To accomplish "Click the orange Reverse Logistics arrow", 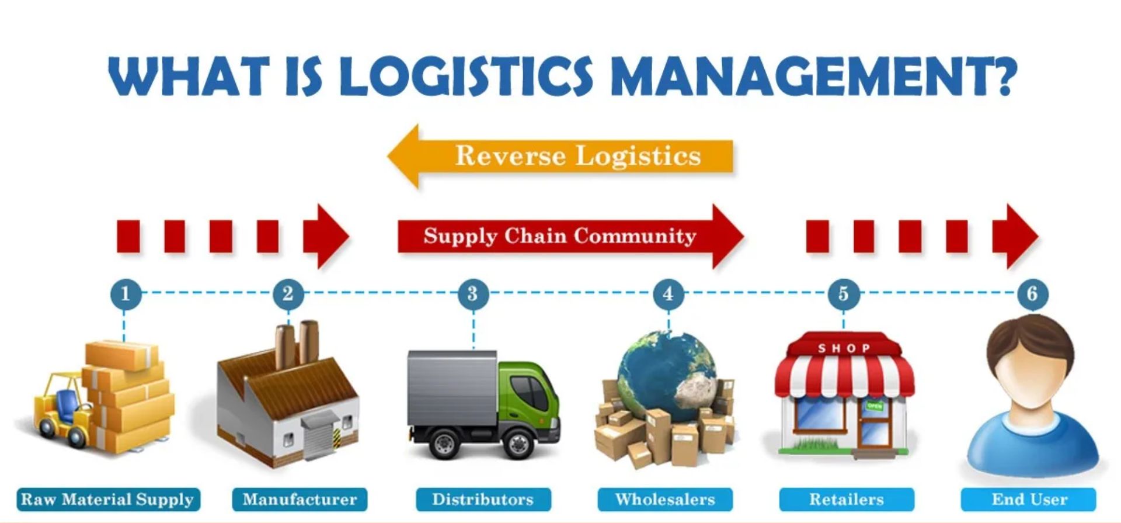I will pos(560,156).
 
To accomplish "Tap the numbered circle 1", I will pos(125,293).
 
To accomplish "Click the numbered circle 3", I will pos(472,293).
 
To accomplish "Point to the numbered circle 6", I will pos(1032,293).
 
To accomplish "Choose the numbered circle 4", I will pos(668,293).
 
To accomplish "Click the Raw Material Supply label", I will pos(108,500).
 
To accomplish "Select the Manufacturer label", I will pos(300,500).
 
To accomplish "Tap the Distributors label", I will pos(483,500).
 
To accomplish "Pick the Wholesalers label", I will pos(665,500).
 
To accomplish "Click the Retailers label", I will pos(846,500).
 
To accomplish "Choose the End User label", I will pos(1029,500).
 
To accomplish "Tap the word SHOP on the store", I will pos(844,348).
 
